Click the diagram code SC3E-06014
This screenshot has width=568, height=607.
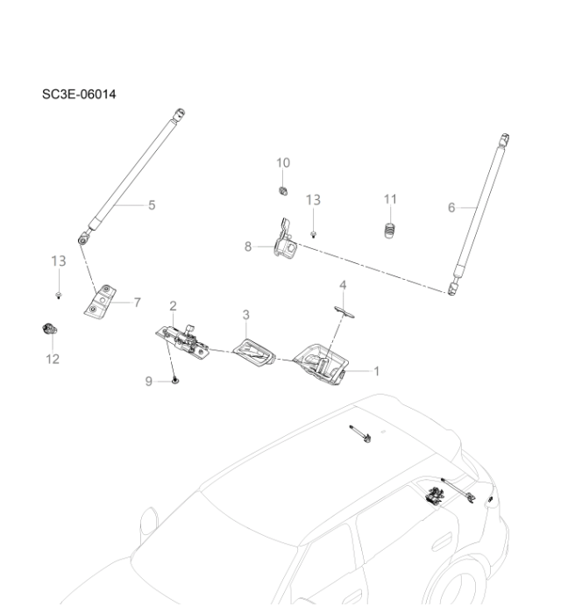click(x=79, y=94)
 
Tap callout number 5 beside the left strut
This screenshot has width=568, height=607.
click(x=152, y=205)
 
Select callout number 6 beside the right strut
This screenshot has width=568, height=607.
click(x=451, y=208)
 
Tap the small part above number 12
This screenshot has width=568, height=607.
click(x=49, y=330)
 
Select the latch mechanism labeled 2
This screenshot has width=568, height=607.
click(x=186, y=341)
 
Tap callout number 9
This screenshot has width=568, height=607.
click(x=149, y=381)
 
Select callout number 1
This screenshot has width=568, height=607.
click(x=377, y=371)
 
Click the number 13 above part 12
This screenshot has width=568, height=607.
click(x=58, y=261)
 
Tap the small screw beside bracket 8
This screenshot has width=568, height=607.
click(x=314, y=235)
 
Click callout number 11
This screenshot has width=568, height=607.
click(x=391, y=200)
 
